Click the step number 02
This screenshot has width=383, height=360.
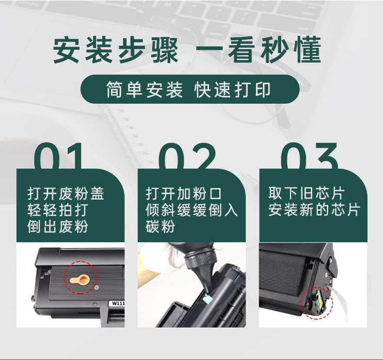click(x=188, y=157)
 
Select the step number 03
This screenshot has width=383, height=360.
click(x=309, y=157)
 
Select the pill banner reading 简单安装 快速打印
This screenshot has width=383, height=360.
click(x=189, y=90)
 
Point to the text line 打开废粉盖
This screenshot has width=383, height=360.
click(x=66, y=194)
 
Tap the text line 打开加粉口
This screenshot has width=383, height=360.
click(x=184, y=194)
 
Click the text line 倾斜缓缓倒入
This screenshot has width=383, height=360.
click(x=192, y=210)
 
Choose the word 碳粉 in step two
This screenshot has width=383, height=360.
click(x=160, y=226)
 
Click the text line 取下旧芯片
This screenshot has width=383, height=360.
click(x=306, y=194)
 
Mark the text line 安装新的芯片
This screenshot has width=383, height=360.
click(x=314, y=210)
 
